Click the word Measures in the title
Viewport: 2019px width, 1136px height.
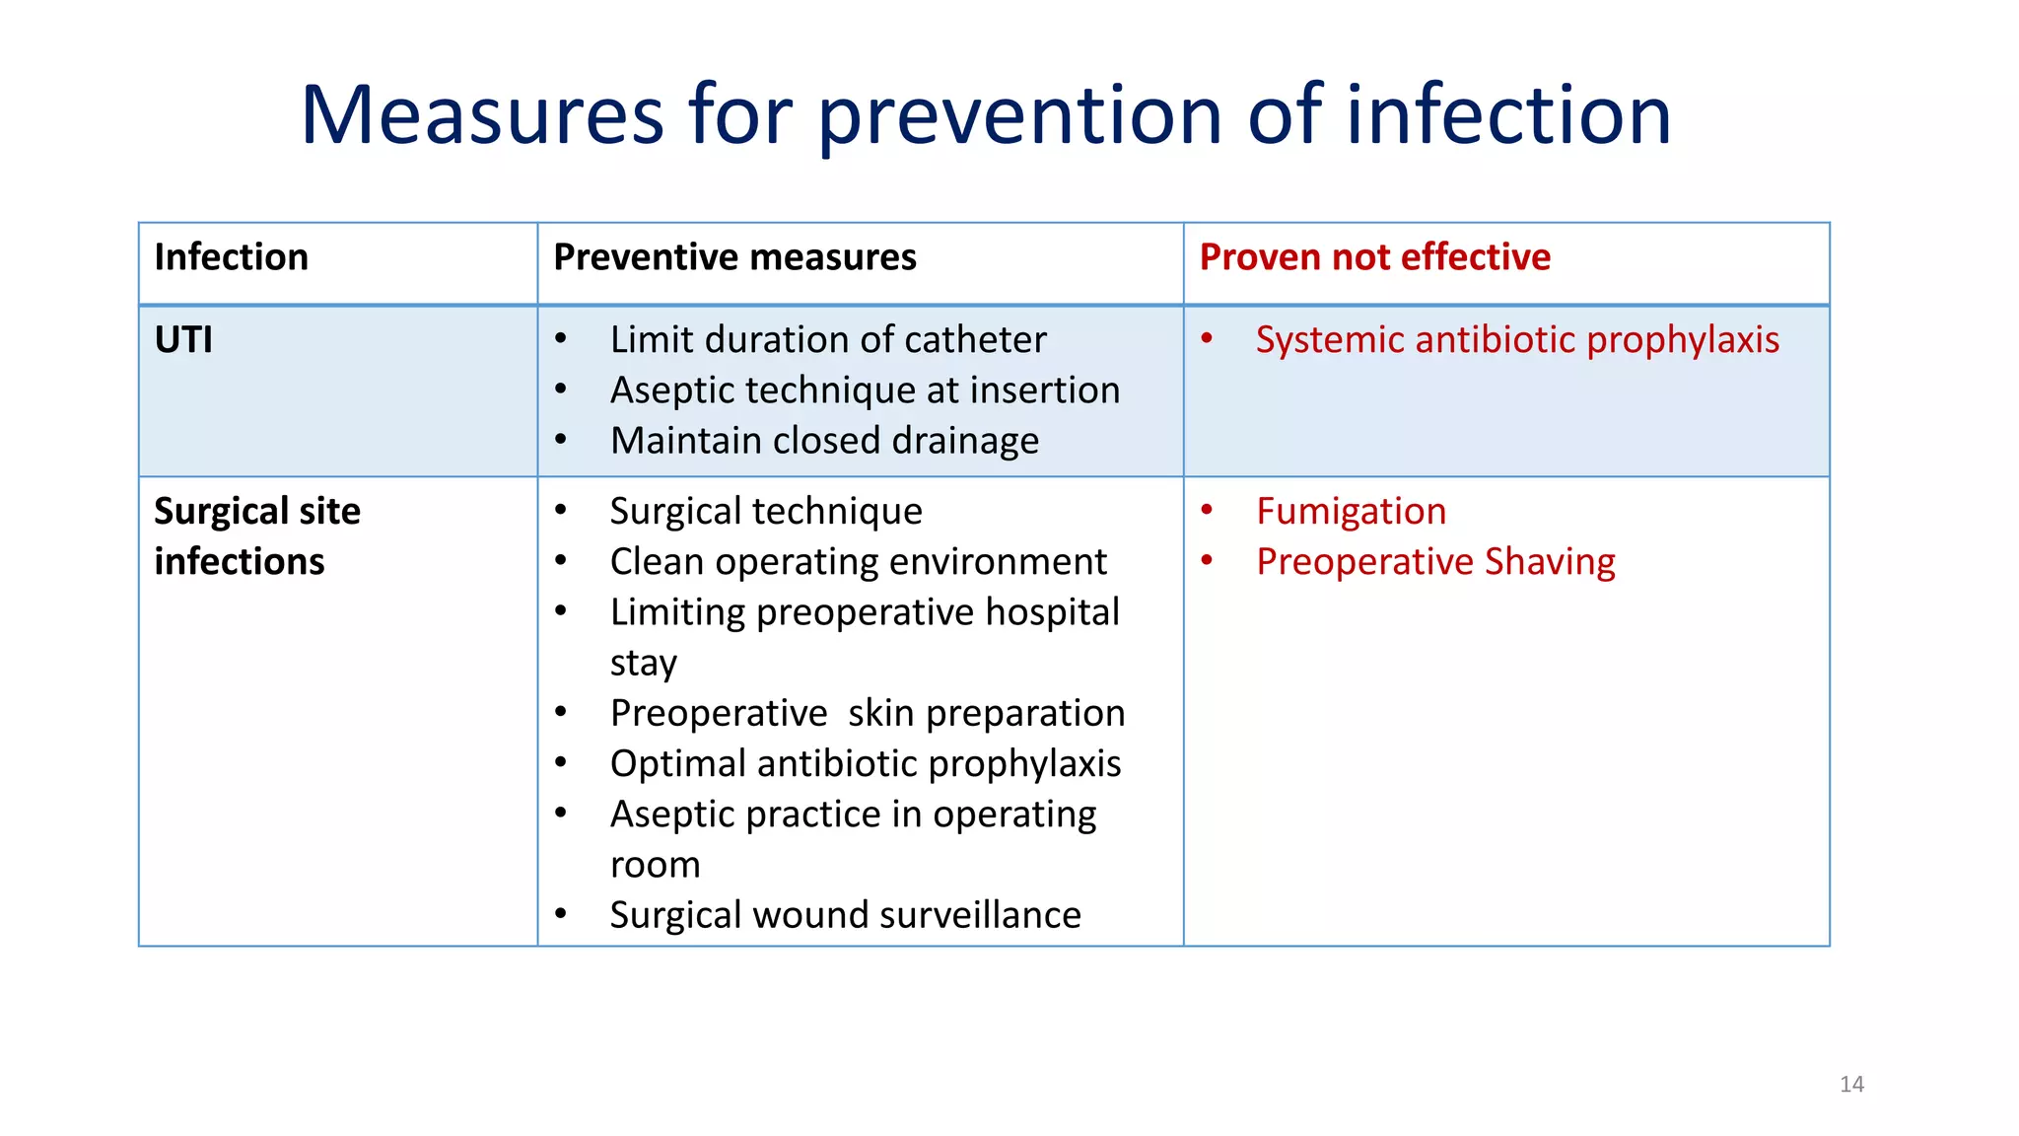coord(482,115)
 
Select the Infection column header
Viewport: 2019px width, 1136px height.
coord(231,257)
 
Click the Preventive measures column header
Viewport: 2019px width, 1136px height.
coord(734,257)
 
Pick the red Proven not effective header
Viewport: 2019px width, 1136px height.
coord(1374,257)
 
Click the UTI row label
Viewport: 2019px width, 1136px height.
coord(183,340)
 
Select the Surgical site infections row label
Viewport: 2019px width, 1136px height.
coord(256,535)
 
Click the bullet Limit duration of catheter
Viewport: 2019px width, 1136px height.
coord(827,340)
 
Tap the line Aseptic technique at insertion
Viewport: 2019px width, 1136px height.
coord(865,390)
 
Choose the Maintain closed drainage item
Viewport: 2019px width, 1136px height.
coord(824,441)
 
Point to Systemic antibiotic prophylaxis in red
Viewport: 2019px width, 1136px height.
coord(1517,340)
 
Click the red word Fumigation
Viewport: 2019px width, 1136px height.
coord(1351,512)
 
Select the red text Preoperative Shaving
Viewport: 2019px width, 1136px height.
coord(1435,562)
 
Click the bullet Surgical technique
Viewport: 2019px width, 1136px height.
coord(766,512)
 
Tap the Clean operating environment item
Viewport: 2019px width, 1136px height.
coord(858,562)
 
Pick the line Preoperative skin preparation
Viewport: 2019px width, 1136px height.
coord(867,713)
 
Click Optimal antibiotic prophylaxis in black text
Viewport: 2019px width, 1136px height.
coord(865,764)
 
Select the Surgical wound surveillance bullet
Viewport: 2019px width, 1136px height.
coord(845,915)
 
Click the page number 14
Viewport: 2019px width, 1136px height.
coord(1851,1084)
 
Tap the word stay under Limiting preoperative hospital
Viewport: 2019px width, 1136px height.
coord(643,664)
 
